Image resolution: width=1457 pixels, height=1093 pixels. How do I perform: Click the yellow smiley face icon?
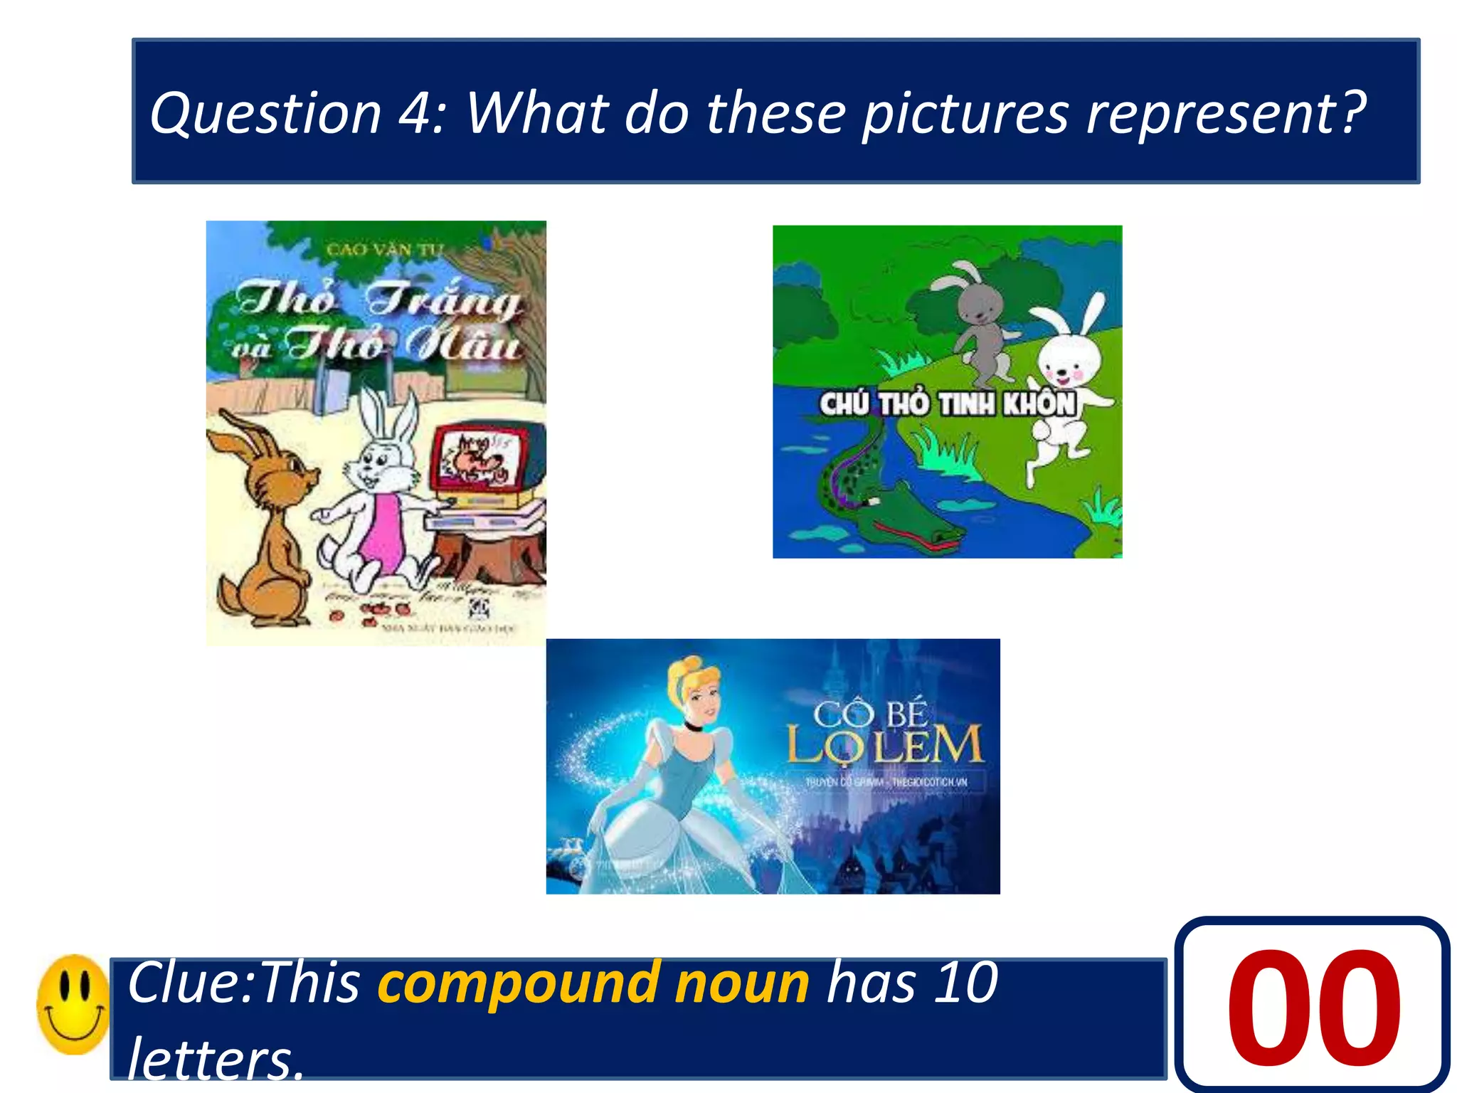click(x=73, y=1004)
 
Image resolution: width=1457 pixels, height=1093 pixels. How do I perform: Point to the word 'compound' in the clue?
click(x=517, y=983)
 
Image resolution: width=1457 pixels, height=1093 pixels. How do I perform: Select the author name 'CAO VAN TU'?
click(x=385, y=250)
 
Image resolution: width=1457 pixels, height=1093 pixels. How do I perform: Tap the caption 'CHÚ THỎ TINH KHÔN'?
click(x=947, y=403)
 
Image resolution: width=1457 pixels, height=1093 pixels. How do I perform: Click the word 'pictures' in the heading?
click(x=965, y=114)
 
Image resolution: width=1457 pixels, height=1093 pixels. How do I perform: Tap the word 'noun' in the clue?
click(x=742, y=983)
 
